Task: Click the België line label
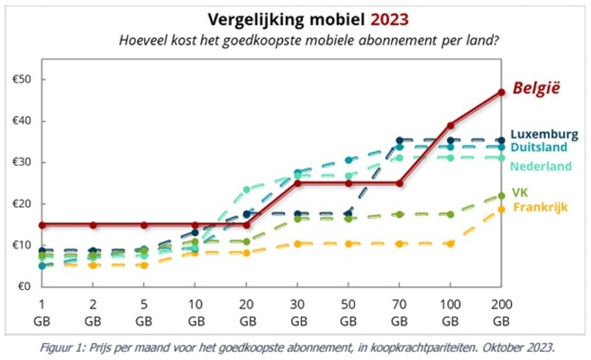tap(536, 88)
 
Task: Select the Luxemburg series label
tap(544, 134)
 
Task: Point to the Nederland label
tap(543, 166)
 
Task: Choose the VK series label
tap(519, 193)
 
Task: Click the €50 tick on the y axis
tap(20, 79)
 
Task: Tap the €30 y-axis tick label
tap(20, 162)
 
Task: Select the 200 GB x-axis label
tap(501, 312)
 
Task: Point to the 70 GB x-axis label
tap(399, 312)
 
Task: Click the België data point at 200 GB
tap(501, 92)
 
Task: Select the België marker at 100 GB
tap(450, 125)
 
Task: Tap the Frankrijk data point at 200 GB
tap(501, 210)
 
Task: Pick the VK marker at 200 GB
tap(501, 196)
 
